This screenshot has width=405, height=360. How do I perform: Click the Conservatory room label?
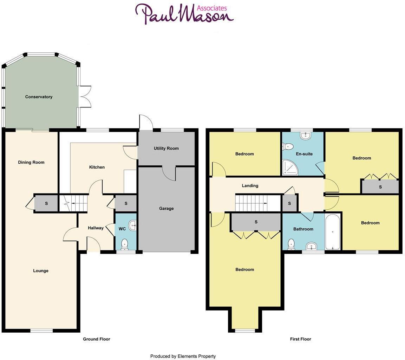[x=39, y=97]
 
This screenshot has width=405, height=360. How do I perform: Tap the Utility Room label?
[x=166, y=149]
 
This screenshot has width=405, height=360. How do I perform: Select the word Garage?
[x=166, y=209]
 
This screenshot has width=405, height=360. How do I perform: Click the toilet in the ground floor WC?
[x=125, y=243]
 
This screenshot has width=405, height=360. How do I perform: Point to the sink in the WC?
[x=132, y=225]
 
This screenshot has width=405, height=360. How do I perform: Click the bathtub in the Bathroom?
[x=332, y=231]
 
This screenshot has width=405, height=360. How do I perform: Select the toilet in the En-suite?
[x=288, y=146]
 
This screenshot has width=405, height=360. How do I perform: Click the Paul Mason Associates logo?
[x=184, y=14]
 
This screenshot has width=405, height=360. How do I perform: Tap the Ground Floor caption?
[x=97, y=339]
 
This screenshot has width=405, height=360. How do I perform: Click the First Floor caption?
[x=300, y=339]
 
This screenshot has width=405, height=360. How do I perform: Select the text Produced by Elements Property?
[x=183, y=356]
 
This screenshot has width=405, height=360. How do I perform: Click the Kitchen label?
[x=97, y=167]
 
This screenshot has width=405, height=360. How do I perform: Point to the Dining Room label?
[x=31, y=162]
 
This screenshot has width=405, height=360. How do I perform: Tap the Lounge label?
[x=41, y=271]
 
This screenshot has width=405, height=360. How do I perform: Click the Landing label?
[x=250, y=186]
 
